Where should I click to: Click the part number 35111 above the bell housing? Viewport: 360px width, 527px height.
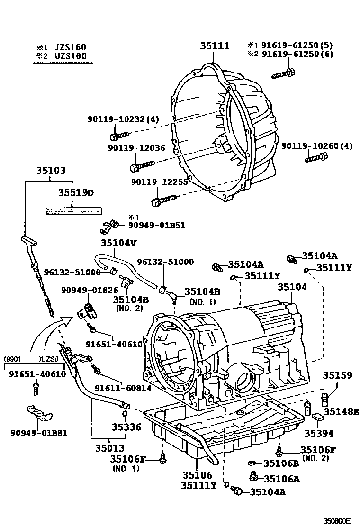click(215, 45)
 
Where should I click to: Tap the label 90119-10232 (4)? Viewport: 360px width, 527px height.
click(123, 119)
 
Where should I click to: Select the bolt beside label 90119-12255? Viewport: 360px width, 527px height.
click(163, 199)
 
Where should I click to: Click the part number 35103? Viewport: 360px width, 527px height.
click(51, 171)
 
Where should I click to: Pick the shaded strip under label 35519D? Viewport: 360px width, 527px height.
click(73, 211)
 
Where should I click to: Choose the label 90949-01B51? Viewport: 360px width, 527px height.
click(157, 225)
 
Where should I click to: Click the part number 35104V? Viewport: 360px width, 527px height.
click(118, 243)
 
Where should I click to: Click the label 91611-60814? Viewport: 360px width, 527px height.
click(123, 388)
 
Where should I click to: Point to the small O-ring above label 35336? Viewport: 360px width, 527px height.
click(125, 413)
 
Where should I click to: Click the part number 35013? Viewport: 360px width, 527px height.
click(109, 448)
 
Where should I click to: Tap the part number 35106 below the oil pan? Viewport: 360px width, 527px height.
click(198, 475)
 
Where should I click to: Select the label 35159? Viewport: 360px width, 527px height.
click(337, 375)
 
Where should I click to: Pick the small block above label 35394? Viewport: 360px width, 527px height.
click(317, 417)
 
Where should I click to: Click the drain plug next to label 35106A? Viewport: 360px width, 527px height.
click(254, 477)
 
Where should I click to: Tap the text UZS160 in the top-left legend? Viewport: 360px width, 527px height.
click(71, 56)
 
